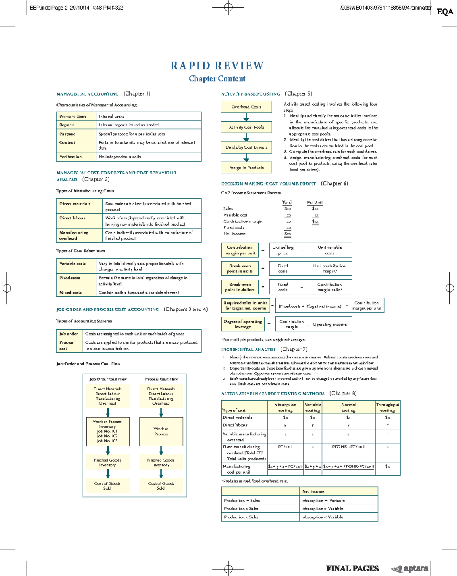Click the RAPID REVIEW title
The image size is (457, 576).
[217, 66]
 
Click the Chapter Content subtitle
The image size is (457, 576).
[217, 78]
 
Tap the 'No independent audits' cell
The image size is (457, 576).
[149, 157]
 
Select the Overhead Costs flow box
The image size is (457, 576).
[246, 107]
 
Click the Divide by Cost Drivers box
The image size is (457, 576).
[246, 147]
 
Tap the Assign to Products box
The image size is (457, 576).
[246, 167]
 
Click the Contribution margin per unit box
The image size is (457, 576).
[240, 250]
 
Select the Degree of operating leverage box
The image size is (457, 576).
[243, 324]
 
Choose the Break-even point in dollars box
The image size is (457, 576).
[240, 287]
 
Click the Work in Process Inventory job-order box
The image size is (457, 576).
[108, 431]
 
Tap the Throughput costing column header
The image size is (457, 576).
[387, 407]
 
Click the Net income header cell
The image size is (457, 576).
[339, 491]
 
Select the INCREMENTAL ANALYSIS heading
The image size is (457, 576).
[248, 349]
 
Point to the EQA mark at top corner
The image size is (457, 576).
[445, 12]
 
